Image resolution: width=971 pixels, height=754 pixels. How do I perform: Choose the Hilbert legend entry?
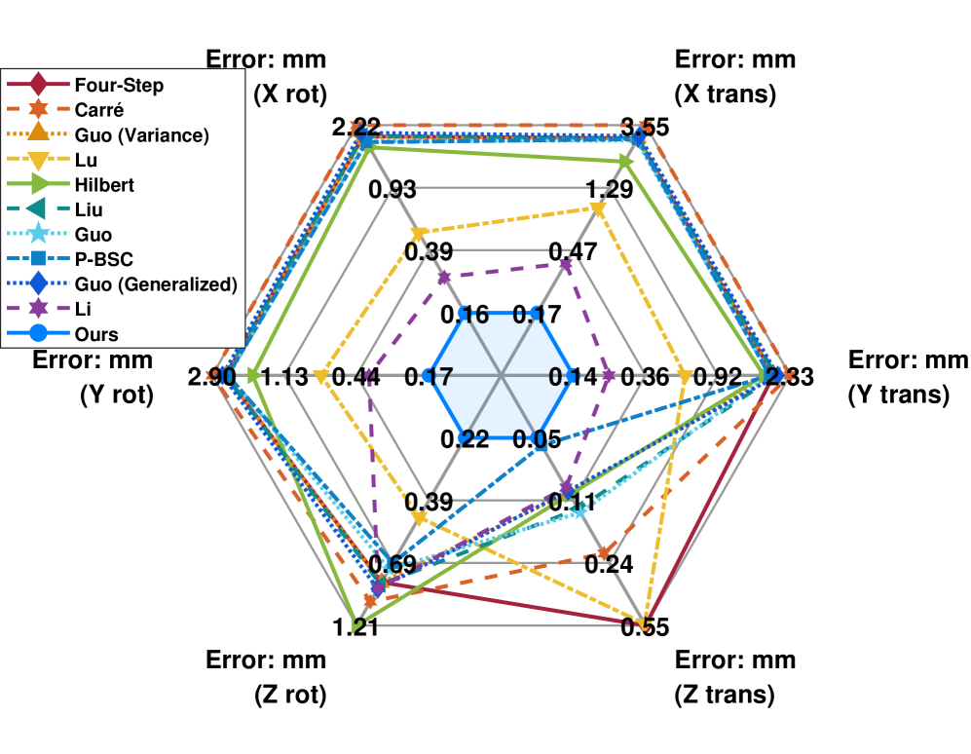[104, 184]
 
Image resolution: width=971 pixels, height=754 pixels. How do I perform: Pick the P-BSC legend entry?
[102, 259]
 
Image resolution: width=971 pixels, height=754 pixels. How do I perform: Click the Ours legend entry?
[95, 334]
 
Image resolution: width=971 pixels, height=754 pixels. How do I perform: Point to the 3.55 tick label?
[645, 127]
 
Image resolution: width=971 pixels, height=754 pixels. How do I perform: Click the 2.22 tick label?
[356, 127]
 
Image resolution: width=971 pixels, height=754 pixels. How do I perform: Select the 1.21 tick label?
[356, 626]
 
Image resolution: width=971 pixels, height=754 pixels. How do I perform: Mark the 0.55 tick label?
[645, 626]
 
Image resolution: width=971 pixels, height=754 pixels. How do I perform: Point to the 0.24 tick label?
[609, 564]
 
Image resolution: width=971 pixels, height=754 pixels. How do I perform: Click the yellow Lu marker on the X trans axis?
[598, 209]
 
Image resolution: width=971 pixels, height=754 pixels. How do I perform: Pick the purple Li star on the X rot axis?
[444, 279]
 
